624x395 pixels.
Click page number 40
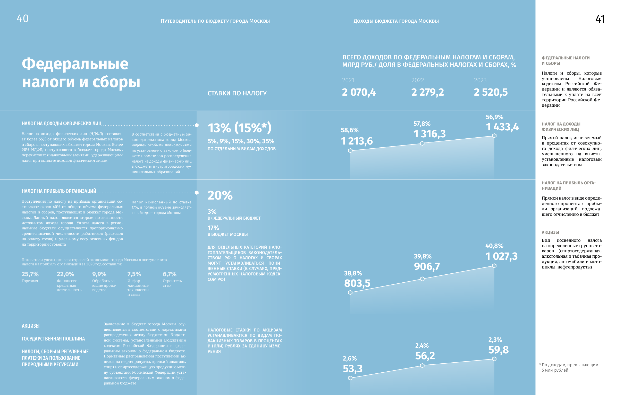23,19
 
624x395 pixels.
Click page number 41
600,19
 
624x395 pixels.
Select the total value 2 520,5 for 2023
491,92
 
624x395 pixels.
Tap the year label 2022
417,80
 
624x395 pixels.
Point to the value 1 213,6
357,141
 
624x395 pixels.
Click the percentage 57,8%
421,124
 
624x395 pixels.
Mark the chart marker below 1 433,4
494,136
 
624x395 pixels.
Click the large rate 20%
220,195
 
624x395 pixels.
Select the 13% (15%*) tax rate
239,128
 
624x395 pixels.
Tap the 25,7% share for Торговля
30,274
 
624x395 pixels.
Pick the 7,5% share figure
134,274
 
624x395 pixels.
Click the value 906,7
427,267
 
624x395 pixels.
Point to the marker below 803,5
350,293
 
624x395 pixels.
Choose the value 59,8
498,350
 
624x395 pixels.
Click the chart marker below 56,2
422,365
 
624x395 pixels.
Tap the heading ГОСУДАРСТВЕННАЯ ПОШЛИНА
53,339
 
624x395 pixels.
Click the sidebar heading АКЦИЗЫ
550,232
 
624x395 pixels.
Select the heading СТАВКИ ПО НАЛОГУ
237,93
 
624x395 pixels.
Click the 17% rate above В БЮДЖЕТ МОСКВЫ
213,228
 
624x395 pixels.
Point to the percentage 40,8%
494,246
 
